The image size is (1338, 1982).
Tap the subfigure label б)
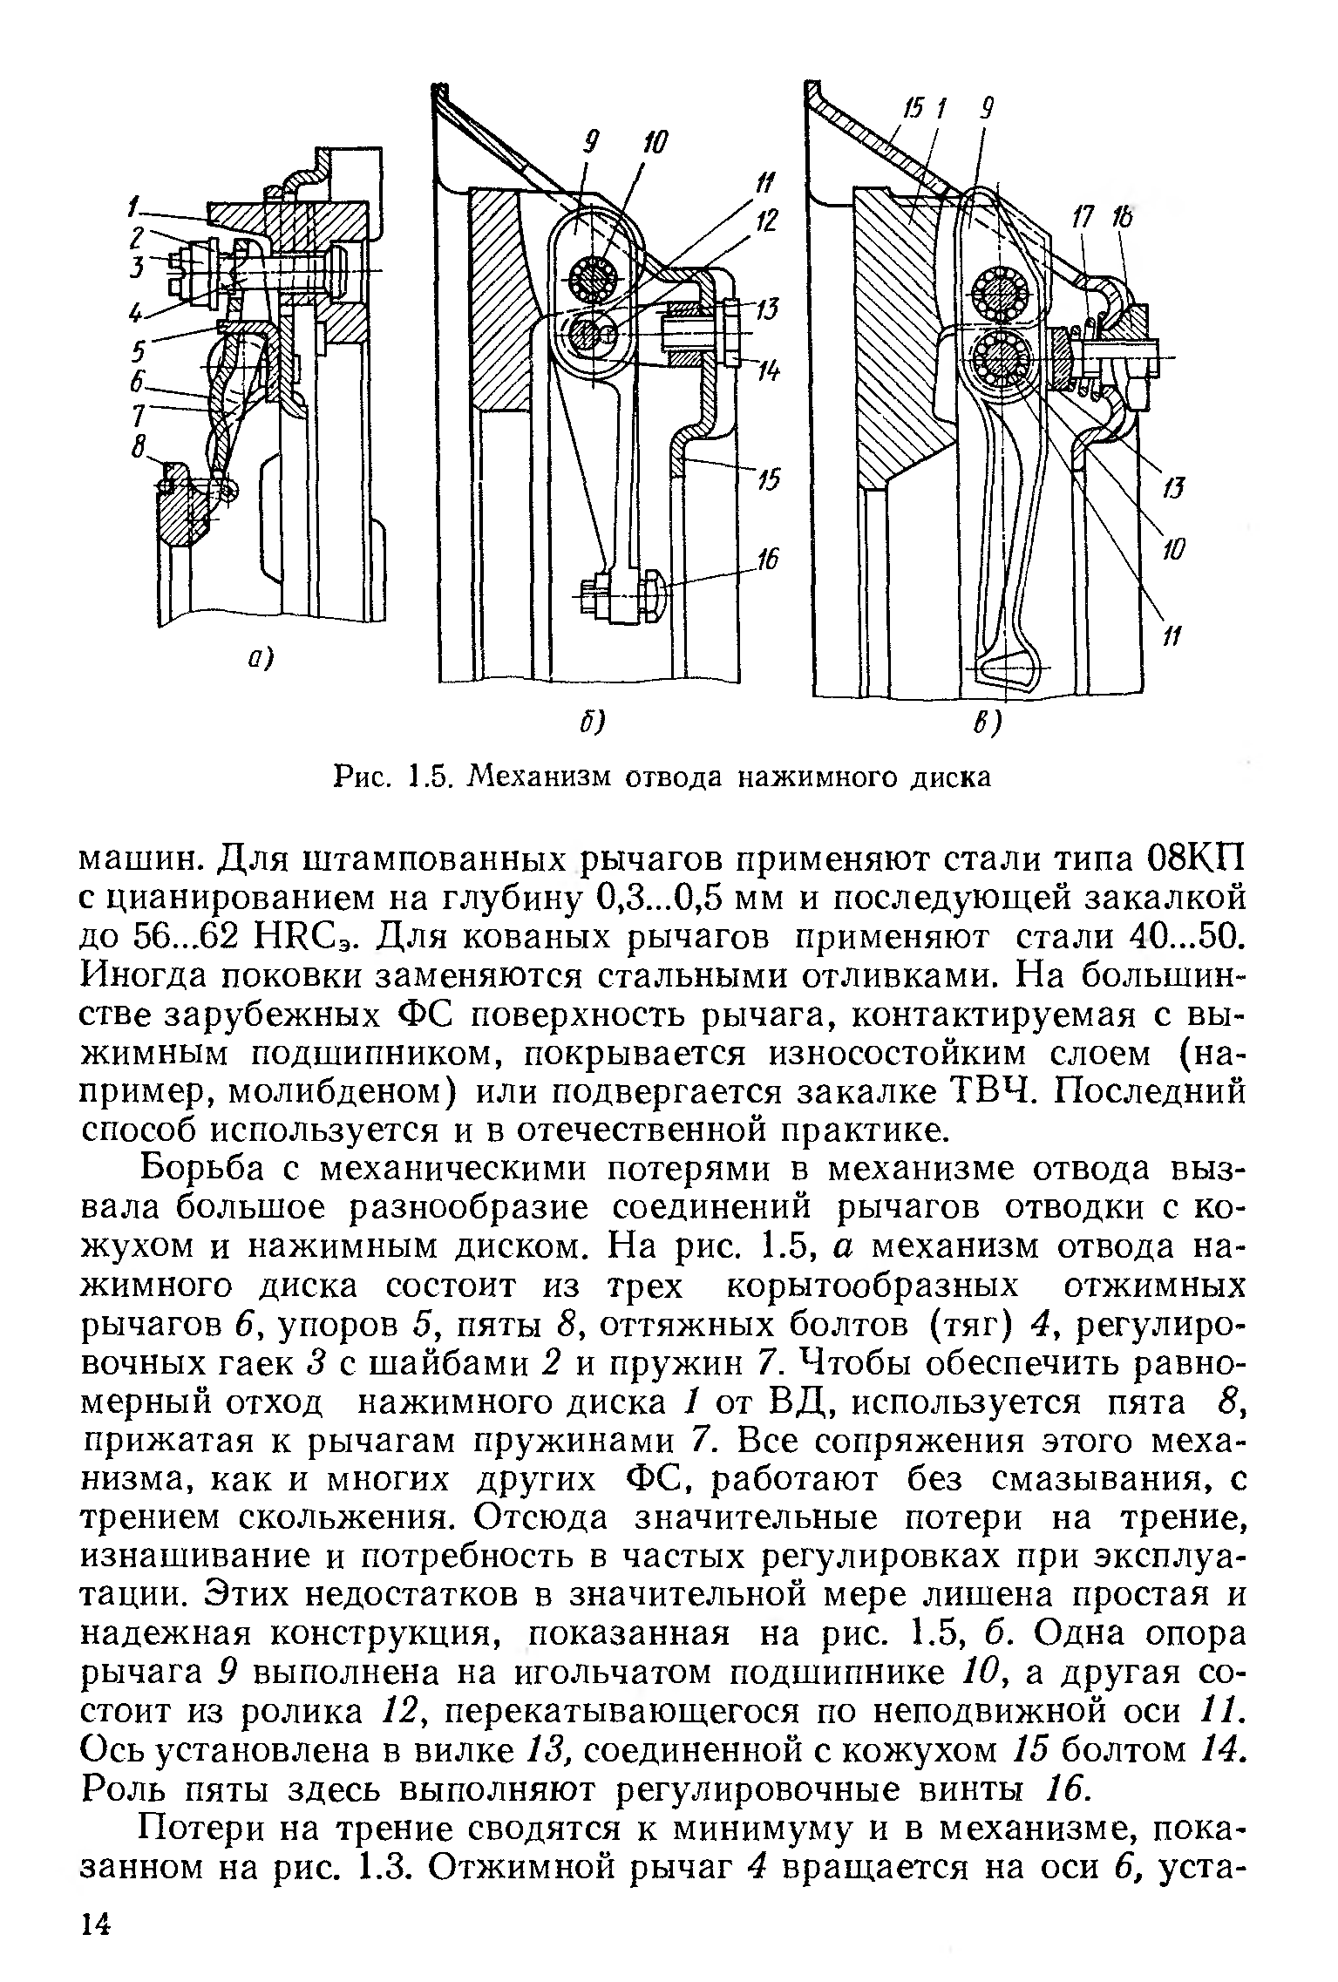pos(593,723)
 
